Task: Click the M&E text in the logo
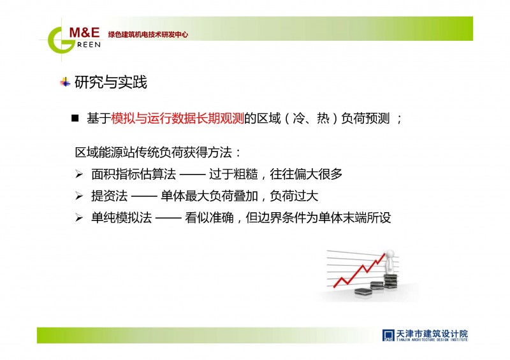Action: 84,32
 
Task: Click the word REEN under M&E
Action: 89,45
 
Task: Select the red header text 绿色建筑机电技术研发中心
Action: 148,34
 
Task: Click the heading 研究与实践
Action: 110,82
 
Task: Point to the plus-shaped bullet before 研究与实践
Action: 65,82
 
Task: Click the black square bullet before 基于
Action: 75,118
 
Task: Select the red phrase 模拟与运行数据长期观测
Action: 178,118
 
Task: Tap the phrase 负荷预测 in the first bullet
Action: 365,118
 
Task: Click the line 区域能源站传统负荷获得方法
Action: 153,152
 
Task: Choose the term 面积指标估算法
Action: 133,174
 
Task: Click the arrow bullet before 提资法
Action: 79,196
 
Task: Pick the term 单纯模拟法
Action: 121,217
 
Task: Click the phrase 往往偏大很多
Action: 306,174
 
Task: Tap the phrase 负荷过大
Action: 294,196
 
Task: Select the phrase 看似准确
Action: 209,217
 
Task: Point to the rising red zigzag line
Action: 360,271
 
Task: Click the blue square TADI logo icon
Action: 388,335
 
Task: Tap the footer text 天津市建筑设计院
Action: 432,334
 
